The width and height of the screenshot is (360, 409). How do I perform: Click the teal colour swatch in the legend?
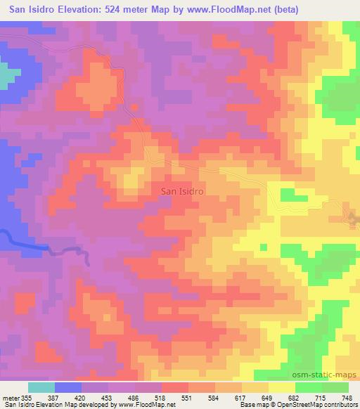(41, 387)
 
